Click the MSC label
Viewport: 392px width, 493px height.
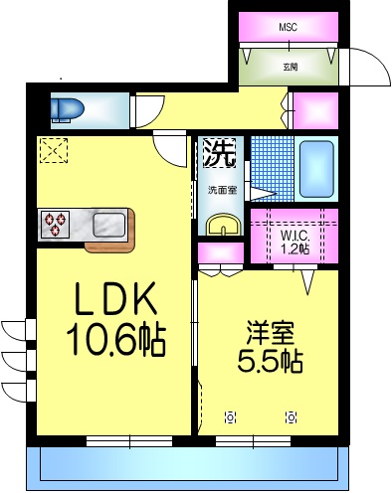(x=288, y=27)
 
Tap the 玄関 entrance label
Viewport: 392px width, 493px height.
(x=290, y=67)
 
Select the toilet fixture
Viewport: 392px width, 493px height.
(x=68, y=107)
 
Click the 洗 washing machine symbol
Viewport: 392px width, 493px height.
(x=220, y=152)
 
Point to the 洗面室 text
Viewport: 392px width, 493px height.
(x=220, y=189)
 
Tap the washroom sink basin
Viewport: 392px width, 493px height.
(x=224, y=226)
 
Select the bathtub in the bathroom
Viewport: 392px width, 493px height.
(x=316, y=171)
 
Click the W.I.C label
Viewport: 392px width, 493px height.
(x=294, y=236)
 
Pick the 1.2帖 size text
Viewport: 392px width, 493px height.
(x=294, y=249)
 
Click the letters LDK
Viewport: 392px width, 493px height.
(x=111, y=301)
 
